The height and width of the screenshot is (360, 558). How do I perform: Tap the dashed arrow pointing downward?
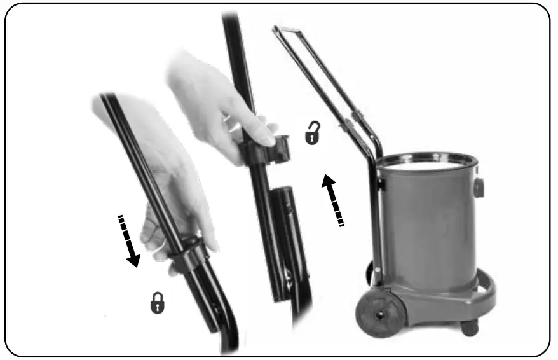(x=130, y=242)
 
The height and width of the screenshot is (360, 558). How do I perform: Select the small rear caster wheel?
(x=469, y=327)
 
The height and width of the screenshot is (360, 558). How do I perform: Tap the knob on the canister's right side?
(x=479, y=187)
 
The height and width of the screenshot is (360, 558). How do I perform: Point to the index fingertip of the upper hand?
(x=268, y=138)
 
